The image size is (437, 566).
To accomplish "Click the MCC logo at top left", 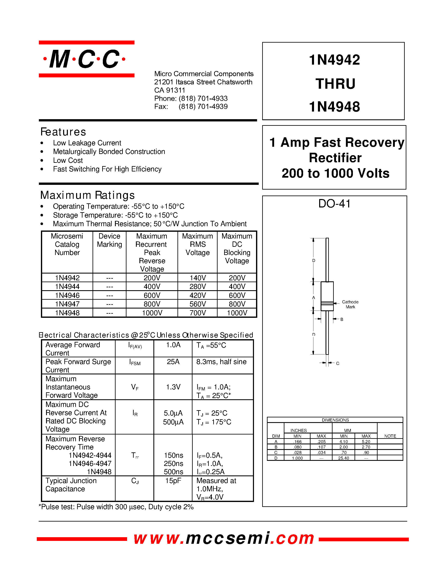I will click(86, 59).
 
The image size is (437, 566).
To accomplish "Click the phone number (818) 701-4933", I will click(203, 98).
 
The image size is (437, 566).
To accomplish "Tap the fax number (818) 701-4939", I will click(203, 107).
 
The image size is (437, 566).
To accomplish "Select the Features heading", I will click(63, 132).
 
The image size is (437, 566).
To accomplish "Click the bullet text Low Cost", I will click(68, 160).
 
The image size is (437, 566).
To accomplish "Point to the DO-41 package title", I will click(334, 204).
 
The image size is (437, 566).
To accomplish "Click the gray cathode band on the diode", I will click(327, 303).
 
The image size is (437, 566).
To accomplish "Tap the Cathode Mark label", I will click(350, 305).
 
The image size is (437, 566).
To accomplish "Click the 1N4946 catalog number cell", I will click(67, 295).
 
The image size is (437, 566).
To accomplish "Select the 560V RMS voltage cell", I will click(198, 304).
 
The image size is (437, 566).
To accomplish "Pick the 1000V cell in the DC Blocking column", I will click(237, 313).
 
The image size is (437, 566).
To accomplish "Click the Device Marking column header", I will click(110, 240).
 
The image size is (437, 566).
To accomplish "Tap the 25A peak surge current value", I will click(173, 362).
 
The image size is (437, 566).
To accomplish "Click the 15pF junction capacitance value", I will click(173, 481).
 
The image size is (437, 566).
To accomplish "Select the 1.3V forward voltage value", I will click(173, 387).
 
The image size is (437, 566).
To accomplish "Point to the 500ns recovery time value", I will click(173, 472).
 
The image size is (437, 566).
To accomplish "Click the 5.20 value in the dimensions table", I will click(366, 442).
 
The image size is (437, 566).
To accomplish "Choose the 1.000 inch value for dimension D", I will click(297, 458).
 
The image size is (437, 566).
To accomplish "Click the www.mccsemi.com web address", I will click(224, 538).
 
